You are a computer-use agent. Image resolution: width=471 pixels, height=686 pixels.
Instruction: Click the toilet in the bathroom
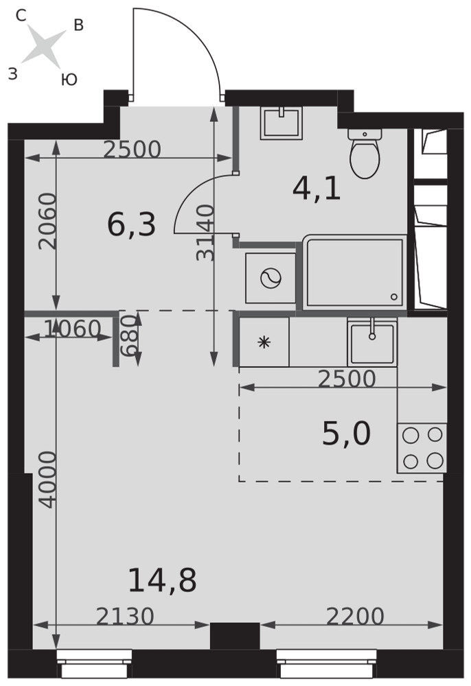tap(365, 153)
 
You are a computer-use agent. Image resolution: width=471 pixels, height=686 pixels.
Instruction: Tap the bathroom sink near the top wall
tap(282, 123)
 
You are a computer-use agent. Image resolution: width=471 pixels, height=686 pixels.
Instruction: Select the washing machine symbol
tap(270, 278)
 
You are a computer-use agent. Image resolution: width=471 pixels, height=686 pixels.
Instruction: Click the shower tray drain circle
tap(393, 297)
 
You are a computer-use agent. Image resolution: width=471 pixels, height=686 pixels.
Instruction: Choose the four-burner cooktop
tap(422, 448)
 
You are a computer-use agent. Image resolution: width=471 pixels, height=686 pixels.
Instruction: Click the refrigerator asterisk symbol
tap(264, 342)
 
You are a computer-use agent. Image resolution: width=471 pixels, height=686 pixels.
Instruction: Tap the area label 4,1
tap(317, 190)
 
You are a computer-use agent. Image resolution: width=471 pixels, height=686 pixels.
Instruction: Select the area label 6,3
tap(132, 226)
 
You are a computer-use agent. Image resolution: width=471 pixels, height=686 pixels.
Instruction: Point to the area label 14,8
tap(163, 581)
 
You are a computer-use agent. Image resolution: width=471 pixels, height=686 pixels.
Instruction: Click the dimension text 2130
tap(125, 617)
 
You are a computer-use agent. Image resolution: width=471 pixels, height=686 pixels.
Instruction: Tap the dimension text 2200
tap(355, 617)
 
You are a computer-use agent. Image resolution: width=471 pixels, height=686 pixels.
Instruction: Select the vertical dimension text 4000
tap(48, 480)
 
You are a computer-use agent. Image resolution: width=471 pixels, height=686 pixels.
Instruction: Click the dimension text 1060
tap(73, 329)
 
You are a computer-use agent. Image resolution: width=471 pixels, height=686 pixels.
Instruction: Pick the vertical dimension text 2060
tap(47, 222)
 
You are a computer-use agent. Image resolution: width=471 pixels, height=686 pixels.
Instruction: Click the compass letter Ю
tap(69, 80)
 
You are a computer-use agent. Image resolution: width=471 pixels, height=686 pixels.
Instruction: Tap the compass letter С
tap(21, 16)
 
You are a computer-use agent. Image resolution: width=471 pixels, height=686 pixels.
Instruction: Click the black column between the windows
tap(235, 636)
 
